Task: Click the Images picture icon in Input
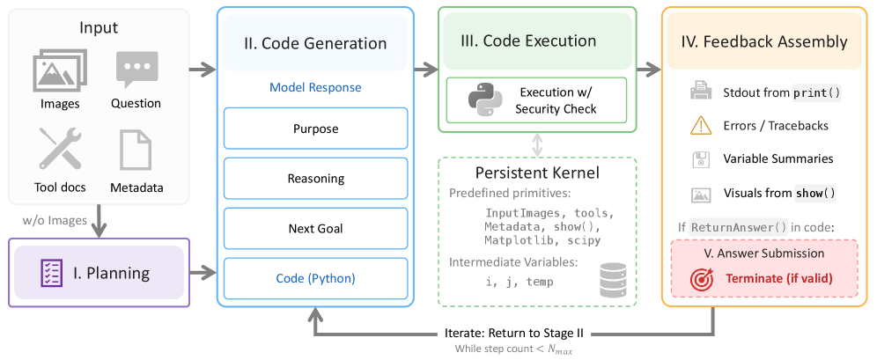coord(60,70)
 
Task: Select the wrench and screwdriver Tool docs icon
coord(61,149)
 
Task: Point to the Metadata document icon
coord(136,150)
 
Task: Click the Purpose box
coord(315,129)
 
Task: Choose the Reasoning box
coord(315,179)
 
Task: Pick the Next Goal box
coord(315,228)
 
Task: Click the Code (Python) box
coord(315,278)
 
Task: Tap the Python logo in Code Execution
coord(484,99)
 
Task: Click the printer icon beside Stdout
coord(701,92)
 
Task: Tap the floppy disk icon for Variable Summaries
coord(701,159)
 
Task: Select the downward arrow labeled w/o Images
coord(99,219)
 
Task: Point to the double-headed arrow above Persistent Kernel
coord(537,145)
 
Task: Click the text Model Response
coord(315,88)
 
